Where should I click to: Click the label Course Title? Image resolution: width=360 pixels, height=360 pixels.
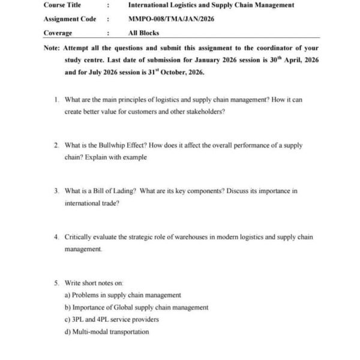[x=62, y=5]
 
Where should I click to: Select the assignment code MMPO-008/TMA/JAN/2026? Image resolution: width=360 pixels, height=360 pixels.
[x=171, y=19]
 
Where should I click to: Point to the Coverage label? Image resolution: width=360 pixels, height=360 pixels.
[x=58, y=33]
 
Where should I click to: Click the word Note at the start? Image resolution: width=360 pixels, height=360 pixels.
[x=52, y=48]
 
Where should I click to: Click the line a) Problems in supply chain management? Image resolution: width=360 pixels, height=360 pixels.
[x=122, y=295]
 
